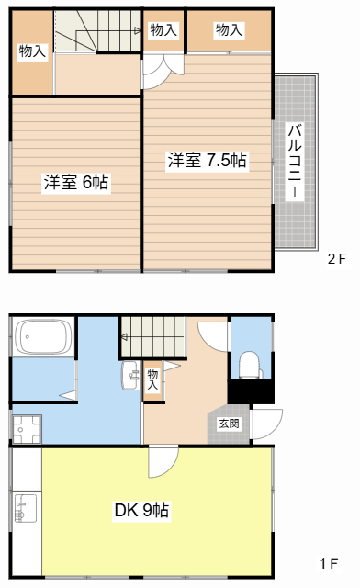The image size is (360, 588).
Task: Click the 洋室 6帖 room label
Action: point(76,182)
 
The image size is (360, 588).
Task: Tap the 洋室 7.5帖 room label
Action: point(207,160)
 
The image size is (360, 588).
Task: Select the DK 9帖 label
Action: point(141,510)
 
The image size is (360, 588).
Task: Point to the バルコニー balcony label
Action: point(295,161)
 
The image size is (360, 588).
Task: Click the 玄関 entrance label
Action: point(229,424)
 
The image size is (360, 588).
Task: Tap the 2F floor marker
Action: point(337,259)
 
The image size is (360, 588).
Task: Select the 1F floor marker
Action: point(329,563)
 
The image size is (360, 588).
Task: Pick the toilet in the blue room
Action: point(251,365)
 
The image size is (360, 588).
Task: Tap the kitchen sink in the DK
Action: point(25,508)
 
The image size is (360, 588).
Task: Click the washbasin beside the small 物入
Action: point(130,376)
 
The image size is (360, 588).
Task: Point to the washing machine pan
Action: point(27,429)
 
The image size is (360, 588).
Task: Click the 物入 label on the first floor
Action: point(153,379)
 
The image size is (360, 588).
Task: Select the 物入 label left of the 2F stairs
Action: point(33,51)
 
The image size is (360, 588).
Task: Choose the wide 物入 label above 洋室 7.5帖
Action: point(229,30)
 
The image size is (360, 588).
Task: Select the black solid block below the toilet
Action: point(251,391)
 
